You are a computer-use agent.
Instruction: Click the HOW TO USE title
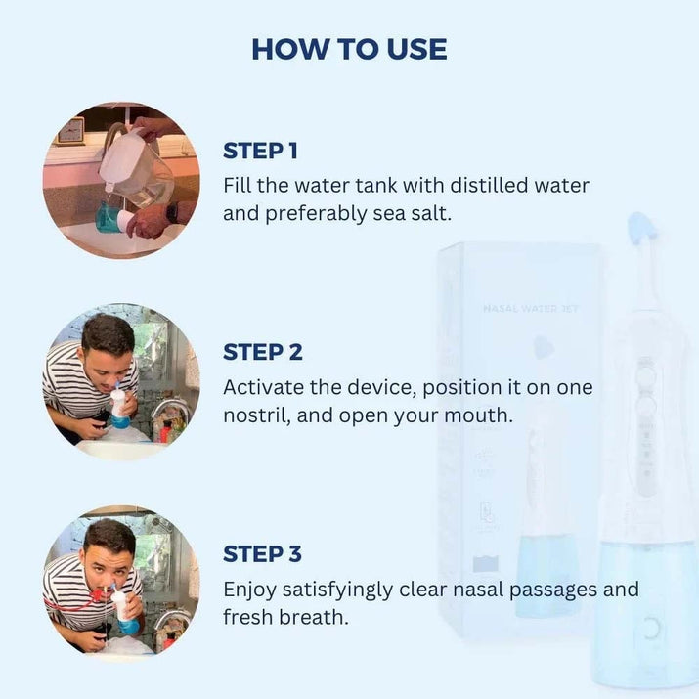[349, 49]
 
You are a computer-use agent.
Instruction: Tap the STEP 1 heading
[260, 151]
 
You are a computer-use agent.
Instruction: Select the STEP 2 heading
[263, 352]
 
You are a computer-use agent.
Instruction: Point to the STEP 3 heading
[263, 554]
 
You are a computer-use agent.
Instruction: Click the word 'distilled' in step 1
[489, 185]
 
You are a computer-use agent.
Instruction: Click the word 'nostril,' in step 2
[257, 415]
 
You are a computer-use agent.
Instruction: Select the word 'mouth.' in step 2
[478, 415]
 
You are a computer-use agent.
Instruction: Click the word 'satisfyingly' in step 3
[337, 590]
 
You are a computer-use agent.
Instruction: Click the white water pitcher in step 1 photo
[134, 165]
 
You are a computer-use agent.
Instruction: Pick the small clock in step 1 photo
[70, 130]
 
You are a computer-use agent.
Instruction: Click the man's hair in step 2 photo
[108, 332]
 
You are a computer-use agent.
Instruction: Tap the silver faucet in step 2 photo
[168, 413]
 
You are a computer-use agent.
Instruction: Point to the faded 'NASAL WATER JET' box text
[531, 309]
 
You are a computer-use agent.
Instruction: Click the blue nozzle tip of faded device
[642, 228]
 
